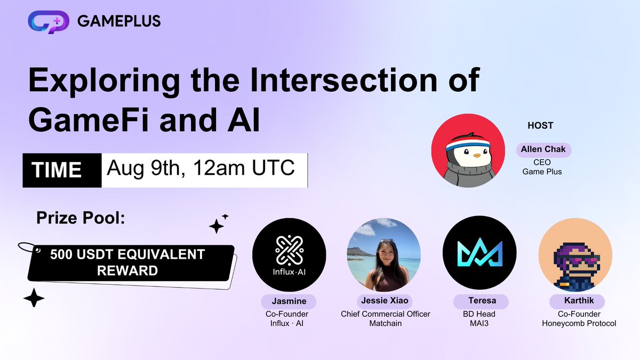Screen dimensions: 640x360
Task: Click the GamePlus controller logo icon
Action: click(49, 22)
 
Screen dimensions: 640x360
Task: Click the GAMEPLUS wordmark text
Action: click(119, 21)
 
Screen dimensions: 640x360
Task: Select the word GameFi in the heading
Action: click(89, 119)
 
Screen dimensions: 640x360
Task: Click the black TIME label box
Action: click(62, 170)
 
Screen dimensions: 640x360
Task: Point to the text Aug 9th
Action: click(143, 167)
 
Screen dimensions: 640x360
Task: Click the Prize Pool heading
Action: click(81, 218)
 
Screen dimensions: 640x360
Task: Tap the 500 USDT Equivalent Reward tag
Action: click(130, 263)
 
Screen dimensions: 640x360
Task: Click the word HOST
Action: click(540, 125)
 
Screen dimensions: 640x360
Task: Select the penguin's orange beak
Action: click(477, 156)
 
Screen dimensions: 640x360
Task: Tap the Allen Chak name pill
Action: click(543, 150)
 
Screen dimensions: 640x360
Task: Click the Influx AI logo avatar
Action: click(289, 255)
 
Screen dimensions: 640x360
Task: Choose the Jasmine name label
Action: click(289, 301)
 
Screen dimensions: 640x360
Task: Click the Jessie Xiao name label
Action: click(385, 301)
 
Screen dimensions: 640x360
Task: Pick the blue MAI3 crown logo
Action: click(479, 252)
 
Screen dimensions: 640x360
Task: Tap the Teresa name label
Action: click(482, 301)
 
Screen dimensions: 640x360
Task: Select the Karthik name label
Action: click(578, 301)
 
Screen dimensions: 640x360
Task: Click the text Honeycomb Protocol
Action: click(579, 323)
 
